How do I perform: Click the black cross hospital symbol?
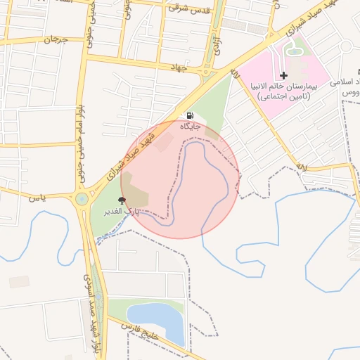pyautogui.click(x=283, y=75)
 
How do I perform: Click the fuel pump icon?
pyautogui.click(x=191, y=115)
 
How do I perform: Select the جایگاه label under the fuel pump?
pyautogui.click(x=191, y=127)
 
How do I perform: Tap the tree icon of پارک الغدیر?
pyautogui.click(x=122, y=200)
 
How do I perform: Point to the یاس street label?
pyautogui.click(x=37, y=198)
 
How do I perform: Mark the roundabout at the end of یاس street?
pyautogui.click(x=82, y=199)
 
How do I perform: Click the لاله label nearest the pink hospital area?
pyautogui.click(x=235, y=73)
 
